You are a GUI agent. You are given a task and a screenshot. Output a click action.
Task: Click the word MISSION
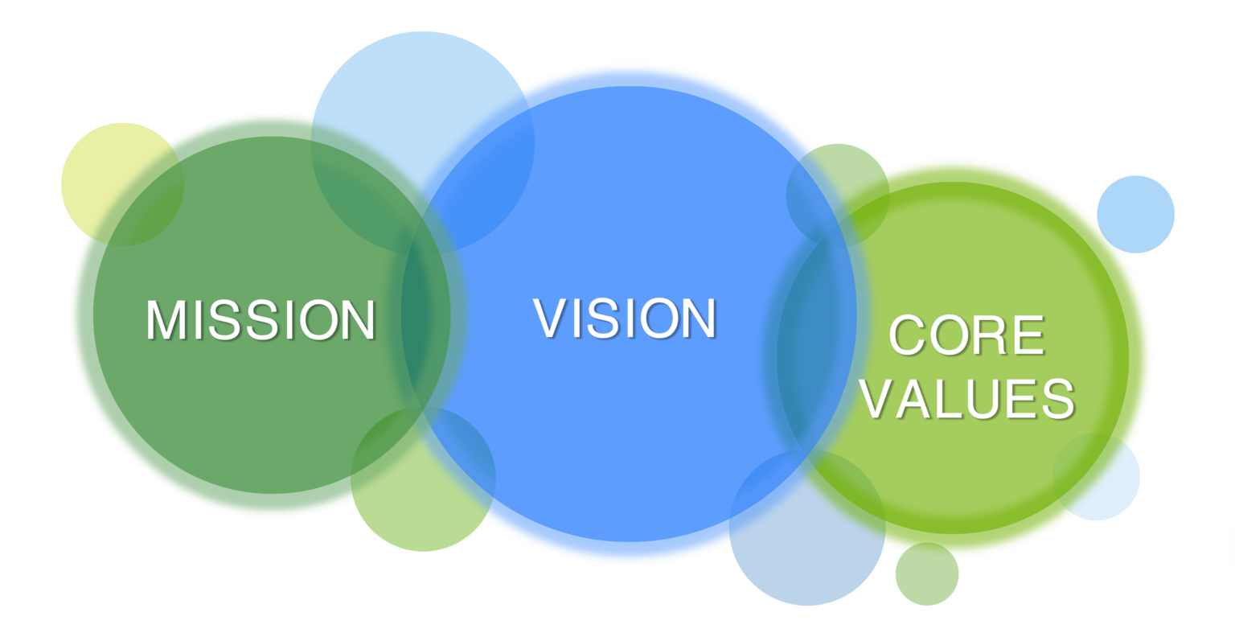click(261, 320)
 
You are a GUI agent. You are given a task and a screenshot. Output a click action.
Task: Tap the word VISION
click(625, 318)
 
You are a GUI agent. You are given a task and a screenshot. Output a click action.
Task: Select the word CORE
click(966, 335)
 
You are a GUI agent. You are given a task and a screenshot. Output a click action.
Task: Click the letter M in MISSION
click(166, 320)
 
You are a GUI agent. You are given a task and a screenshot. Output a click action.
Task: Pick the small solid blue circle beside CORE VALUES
click(1135, 214)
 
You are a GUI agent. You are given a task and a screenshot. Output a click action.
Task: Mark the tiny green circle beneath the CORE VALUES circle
click(927, 574)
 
